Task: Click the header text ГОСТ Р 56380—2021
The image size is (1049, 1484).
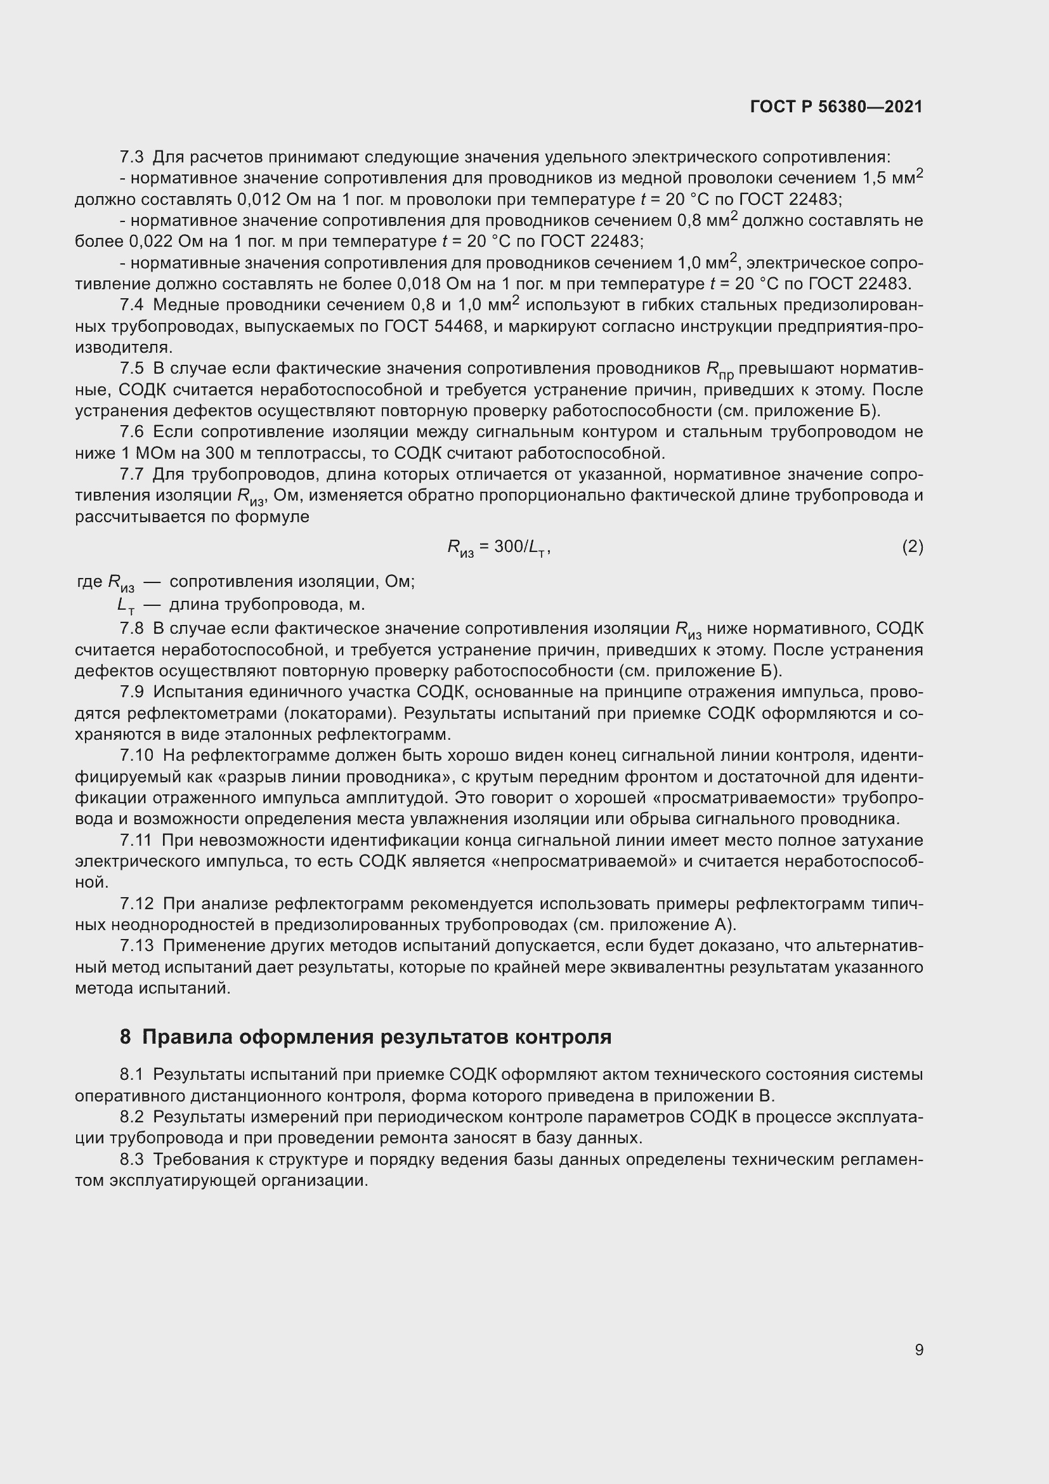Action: (x=837, y=107)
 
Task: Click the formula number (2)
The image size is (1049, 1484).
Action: (x=912, y=547)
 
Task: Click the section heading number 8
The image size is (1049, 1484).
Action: (x=125, y=1037)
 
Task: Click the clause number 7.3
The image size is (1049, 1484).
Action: (x=132, y=157)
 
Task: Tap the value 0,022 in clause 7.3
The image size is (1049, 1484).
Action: (x=151, y=242)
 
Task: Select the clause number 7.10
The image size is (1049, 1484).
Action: (x=136, y=756)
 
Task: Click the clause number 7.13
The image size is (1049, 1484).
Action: (x=136, y=946)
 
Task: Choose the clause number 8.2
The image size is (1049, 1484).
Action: (x=132, y=1117)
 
